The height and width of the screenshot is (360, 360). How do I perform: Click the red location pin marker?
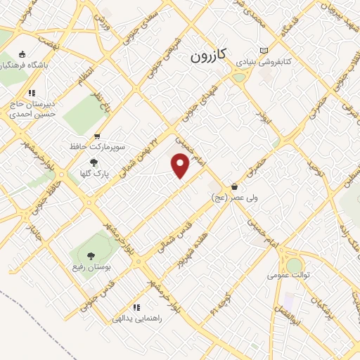coord(181,166)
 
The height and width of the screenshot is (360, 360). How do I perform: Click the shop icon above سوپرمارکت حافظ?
coord(97,136)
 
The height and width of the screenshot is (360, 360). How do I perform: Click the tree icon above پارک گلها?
coord(94,162)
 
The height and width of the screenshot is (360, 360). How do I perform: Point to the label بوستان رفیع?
coord(89,267)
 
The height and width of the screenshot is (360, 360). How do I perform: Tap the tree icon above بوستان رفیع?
coord(89,255)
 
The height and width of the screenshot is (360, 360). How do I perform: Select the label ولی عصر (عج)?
coord(235,198)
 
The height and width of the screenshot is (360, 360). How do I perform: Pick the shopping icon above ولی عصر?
coord(234,187)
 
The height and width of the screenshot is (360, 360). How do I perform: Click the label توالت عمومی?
coord(295,276)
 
